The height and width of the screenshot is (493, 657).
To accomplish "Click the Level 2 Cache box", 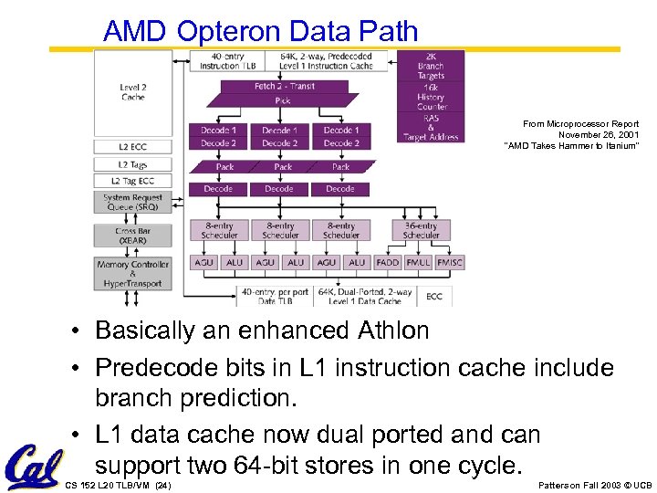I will click(132, 92).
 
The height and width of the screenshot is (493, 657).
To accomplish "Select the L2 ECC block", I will click(132, 146).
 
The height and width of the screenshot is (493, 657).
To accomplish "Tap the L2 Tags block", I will click(132, 164).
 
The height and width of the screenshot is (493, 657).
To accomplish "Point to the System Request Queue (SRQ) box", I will click(132, 202).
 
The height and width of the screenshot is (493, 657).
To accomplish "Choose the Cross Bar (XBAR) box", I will click(132, 236).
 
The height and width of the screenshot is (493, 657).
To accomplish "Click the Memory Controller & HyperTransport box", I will click(132, 273).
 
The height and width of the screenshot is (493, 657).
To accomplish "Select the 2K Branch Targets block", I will click(431, 67).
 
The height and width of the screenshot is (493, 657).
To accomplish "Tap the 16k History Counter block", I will click(431, 97).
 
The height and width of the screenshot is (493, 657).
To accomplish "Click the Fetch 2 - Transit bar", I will click(283, 87).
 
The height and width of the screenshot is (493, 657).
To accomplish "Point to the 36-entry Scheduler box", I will click(421, 230).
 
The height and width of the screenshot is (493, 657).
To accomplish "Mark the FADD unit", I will click(388, 262).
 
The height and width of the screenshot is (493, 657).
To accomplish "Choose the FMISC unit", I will click(449, 262).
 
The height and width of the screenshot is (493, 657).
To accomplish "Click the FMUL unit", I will click(418, 262).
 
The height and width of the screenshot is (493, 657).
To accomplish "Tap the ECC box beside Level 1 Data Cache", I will click(434, 296).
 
